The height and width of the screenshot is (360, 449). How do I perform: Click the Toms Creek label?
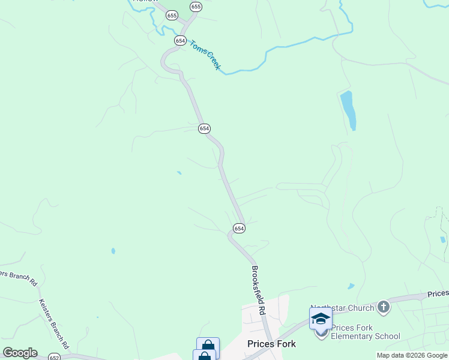[205, 55]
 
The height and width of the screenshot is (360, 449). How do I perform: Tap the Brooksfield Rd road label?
[259, 290]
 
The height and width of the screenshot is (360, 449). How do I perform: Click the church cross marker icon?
[384, 308]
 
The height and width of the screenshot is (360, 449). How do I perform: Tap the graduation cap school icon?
[321, 318]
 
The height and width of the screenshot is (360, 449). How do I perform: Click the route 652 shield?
[54, 356]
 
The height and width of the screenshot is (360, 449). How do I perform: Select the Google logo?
[20, 353]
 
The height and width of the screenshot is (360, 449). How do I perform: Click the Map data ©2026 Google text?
[412, 355]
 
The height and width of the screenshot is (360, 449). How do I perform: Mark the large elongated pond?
[348, 110]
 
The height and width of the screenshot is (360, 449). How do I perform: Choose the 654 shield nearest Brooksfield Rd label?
[239, 228]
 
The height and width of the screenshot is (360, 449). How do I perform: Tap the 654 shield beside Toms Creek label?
[180, 40]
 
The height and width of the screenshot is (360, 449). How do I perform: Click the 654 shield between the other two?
[204, 128]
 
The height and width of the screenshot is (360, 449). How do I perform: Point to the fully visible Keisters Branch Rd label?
[54, 324]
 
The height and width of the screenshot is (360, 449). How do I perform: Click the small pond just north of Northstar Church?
[351, 286]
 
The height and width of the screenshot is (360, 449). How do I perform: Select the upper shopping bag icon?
[208, 347]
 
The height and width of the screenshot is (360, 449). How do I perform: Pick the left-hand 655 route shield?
[172, 16]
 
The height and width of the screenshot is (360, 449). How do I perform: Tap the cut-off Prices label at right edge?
[438, 294]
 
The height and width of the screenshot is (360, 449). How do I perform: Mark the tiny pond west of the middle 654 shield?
[179, 173]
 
